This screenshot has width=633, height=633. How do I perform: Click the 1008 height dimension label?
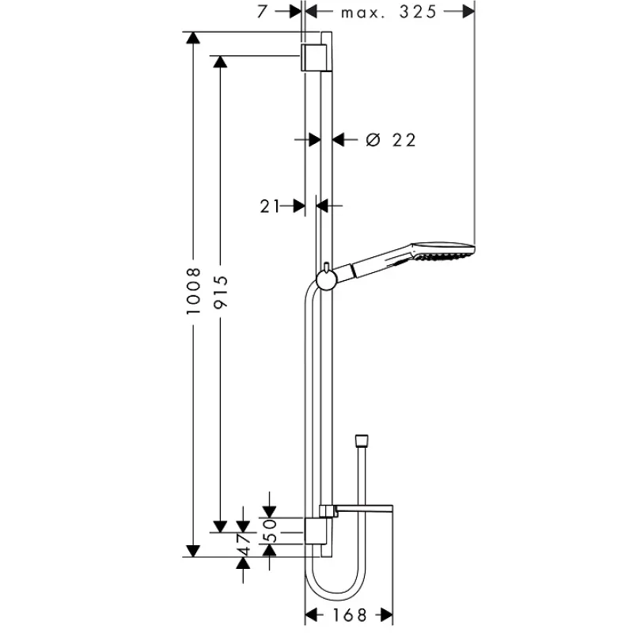[193, 290]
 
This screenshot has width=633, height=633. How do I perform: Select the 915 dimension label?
[221, 292]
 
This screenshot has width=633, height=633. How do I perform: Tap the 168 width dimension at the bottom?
[349, 616]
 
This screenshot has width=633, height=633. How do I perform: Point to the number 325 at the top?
[418, 12]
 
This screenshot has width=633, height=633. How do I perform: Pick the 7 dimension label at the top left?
[263, 11]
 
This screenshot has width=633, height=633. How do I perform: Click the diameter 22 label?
[391, 140]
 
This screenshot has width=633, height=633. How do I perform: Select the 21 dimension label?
[270, 207]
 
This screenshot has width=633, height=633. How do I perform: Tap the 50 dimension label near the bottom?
[270, 530]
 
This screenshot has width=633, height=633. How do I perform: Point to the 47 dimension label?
[244, 544]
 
